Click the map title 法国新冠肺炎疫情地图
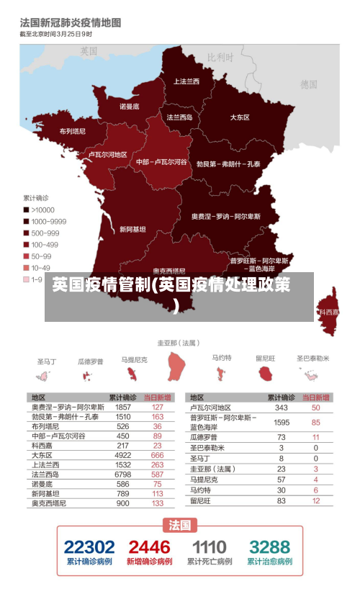click(x=71, y=23)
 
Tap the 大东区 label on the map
click(x=240, y=117)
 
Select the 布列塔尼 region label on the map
click(x=72, y=131)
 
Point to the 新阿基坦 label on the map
click(x=132, y=229)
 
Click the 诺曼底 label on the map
click(x=130, y=107)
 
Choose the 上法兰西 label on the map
click(x=186, y=81)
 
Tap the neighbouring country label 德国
click(x=309, y=84)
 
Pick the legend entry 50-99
click(x=41, y=256)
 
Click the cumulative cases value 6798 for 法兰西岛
click(x=123, y=474)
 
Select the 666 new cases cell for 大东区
click(x=157, y=455)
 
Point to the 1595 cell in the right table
click(x=282, y=422)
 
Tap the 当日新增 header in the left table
click(x=157, y=397)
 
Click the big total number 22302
click(x=89, y=546)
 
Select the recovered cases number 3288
click(x=270, y=546)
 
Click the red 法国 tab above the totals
click(x=180, y=524)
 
